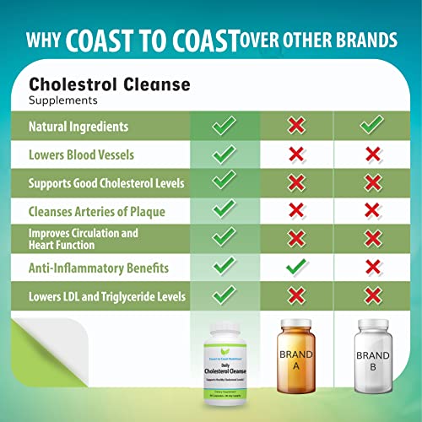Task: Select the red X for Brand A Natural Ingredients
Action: [x=295, y=126]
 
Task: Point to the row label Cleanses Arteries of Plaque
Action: [x=95, y=211]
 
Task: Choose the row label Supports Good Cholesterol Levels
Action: [x=106, y=182]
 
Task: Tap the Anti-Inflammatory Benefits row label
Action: [x=99, y=268]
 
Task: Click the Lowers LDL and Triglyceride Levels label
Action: [x=107, y=296]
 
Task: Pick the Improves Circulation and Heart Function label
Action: [x=83, y=239]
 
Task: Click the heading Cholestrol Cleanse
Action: [x=110, y=84]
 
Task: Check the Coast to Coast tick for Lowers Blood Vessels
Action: [x=223, y=154]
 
